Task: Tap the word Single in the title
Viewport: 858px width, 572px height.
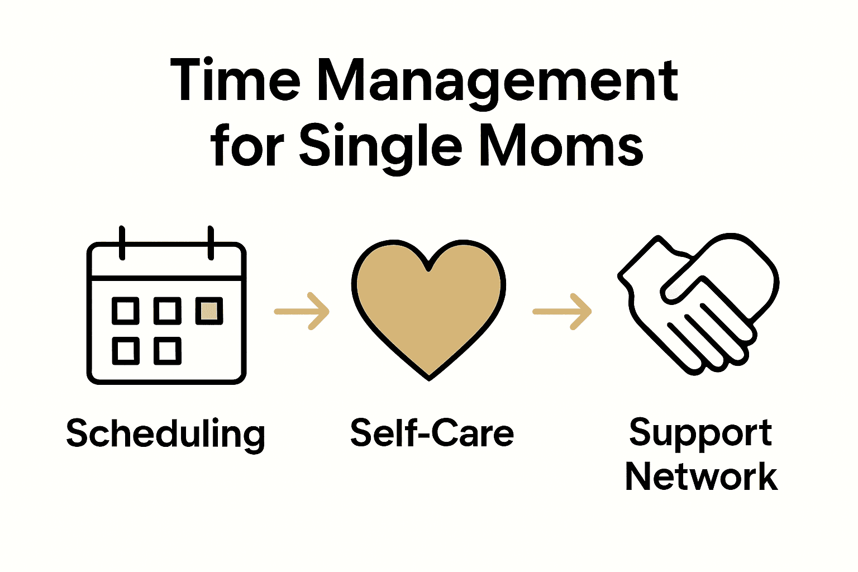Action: (380, 146)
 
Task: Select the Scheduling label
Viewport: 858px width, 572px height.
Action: (165, 435)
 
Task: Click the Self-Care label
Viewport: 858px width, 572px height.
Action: (431, 433)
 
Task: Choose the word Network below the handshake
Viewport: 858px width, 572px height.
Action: (701, 477)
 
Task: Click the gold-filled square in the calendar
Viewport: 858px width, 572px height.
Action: (209, 311)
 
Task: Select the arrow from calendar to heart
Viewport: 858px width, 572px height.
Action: (302, 311)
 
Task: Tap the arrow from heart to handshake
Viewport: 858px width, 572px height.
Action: (562, 311)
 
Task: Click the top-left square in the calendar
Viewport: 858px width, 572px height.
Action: (126, 311)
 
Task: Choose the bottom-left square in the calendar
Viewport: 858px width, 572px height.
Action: (126, 351)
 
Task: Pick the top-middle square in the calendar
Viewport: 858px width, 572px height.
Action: (167, 311)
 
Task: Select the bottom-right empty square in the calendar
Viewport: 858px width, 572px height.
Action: (167, 351)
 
